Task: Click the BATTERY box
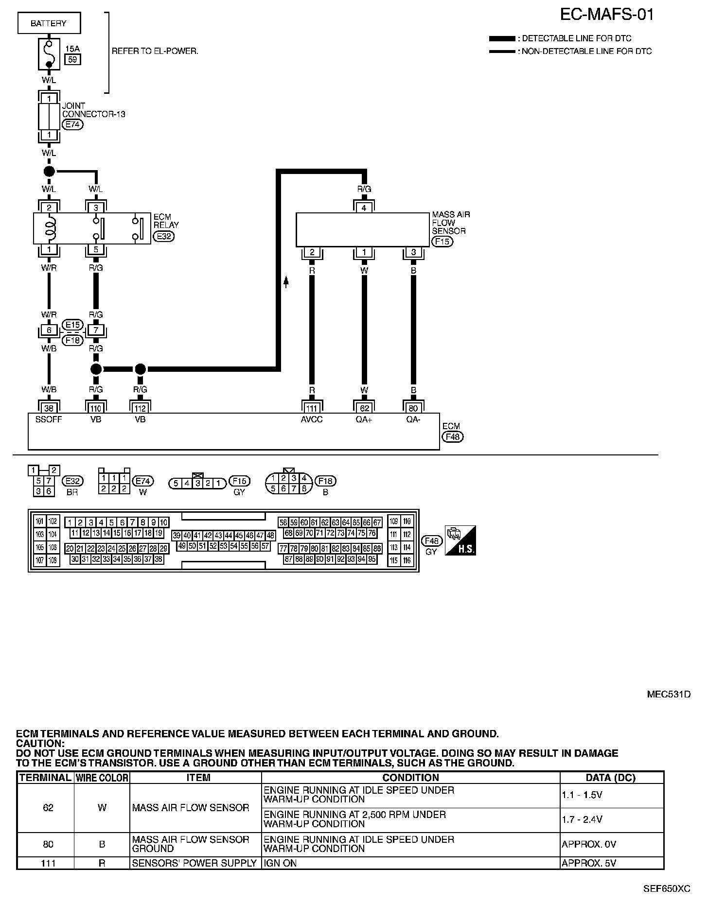[49, 23]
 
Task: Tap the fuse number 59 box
[73, 60]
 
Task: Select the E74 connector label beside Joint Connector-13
[73, 124]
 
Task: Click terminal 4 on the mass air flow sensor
[364, 208]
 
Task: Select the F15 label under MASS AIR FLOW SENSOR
[442, 241]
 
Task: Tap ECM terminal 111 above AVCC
[312, 408]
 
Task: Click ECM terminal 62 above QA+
[364, 408]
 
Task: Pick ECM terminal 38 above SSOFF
[49, 408]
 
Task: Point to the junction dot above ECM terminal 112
[140, 369]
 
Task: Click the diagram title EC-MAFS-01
[607, 15]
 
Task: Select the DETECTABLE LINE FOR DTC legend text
[576, 38]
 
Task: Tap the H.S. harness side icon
[460, 540]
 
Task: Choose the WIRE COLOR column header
[102, 778]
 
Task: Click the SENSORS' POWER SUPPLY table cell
[195, 863]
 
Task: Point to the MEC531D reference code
[669, 694]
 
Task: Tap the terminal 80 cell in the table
[48, 844]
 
